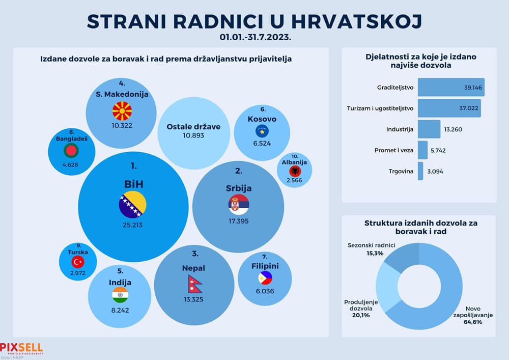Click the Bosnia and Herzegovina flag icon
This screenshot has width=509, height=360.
132,206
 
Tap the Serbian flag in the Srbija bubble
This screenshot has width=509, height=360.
239,204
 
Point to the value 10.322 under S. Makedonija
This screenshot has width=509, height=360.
122,125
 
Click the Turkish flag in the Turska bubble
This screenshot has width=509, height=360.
78,262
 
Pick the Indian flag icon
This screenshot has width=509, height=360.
120,295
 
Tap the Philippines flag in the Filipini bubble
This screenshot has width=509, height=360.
265,278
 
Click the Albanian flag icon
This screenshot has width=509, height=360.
295,171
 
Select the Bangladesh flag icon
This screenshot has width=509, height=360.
72,150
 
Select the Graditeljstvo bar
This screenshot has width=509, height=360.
451,87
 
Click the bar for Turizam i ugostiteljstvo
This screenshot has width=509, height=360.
449,108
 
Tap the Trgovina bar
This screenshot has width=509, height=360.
420,171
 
